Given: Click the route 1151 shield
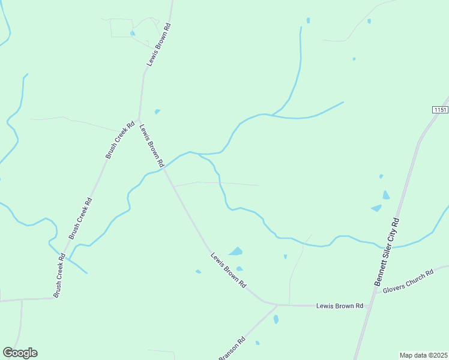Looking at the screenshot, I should [x=440, y=110].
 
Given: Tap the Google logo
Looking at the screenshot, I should [x=20, y=353].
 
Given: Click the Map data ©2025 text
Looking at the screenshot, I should [x=424, y=355].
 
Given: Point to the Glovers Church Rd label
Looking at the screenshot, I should [x=408, y=281].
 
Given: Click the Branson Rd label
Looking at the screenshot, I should [x=232, y=348].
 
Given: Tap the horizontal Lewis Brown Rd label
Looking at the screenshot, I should [x=340, y=306].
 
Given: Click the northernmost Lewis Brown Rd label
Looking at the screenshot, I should [x=159, y=44].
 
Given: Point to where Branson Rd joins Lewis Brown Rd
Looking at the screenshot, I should [x=277, y=305].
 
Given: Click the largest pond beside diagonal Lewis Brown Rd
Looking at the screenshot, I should [x=236, y=251].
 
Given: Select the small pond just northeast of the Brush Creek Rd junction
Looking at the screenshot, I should [x=157, y=111].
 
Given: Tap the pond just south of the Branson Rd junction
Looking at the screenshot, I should [x=276, y=319].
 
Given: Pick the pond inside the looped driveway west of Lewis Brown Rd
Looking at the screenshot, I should [x=133, y=33].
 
